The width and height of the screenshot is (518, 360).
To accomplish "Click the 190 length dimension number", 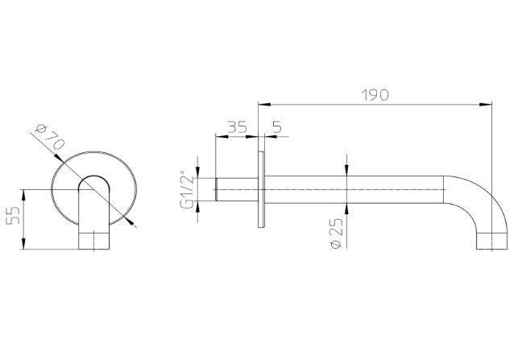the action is [375, 95].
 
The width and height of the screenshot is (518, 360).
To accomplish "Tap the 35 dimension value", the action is [237, 126].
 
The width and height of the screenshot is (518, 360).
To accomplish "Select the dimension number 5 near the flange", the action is [277, 126].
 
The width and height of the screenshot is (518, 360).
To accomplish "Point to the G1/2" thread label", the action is [188, 189].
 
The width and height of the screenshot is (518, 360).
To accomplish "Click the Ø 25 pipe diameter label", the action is [337, 233].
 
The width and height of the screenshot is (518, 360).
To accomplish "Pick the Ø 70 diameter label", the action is [50, 137].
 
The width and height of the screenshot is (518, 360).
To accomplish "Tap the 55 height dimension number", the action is [13, 215].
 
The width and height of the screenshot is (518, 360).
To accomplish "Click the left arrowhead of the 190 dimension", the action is [264, 105].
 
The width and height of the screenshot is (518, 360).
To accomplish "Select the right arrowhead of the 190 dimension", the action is [486, 105].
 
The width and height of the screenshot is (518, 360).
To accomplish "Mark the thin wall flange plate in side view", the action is [261, 189].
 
